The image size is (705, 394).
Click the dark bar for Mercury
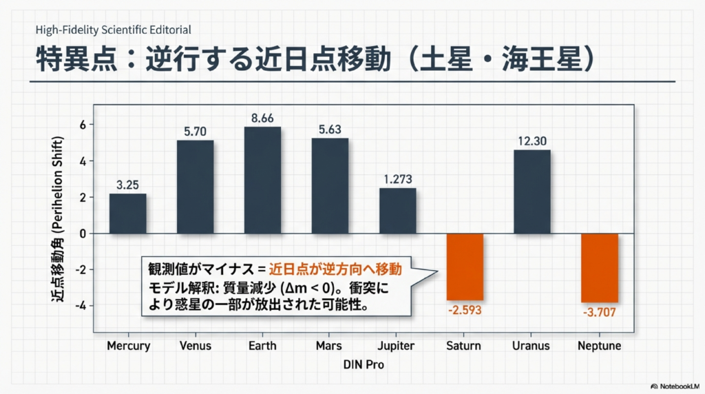[x=127, y=214]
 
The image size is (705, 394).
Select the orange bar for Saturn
[x=465, y=267]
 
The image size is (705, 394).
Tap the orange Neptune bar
[x=600, y=268]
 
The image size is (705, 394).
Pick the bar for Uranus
[x=532, y=191]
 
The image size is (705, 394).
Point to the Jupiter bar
[x=397, y=211]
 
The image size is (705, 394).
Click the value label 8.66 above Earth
[x=262, y=118]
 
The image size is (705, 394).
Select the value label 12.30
[x=532, y=141]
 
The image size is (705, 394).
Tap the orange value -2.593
[x=465, y=311]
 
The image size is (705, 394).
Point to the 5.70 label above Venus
[x=195, y=131]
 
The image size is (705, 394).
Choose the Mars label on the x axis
[x=330, y=346]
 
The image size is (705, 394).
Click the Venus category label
[x=195, y=346]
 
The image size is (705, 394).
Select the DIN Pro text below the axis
[x=364, y=366]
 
